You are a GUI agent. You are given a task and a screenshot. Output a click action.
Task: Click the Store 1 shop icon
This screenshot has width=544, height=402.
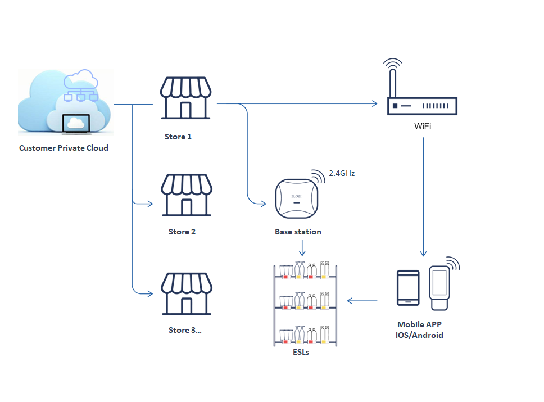[185, 98]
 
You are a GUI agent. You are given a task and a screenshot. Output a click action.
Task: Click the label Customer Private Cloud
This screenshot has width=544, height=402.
[64, 148]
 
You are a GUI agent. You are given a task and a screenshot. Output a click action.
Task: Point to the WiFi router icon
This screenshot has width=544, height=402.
[422, 105]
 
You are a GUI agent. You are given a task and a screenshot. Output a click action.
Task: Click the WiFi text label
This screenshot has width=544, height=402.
[423, 126]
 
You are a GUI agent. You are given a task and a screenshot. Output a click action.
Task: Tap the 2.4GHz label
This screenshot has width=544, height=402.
[342, 174]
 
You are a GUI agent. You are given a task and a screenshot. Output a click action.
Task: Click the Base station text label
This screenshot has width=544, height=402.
[298, 232]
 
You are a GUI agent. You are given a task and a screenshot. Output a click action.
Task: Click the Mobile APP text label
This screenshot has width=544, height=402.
[420, 324]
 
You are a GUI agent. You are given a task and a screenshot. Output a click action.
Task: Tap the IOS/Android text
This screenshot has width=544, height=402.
[420, 335]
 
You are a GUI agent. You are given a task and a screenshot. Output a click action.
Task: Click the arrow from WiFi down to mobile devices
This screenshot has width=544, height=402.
[423, 197]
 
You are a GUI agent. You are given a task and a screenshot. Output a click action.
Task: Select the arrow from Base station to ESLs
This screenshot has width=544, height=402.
[303, 247]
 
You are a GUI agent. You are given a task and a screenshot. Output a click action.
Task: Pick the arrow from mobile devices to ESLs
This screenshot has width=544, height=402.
[362, 301]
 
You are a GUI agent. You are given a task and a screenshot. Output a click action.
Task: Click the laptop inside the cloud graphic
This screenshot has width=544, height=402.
[75, 124]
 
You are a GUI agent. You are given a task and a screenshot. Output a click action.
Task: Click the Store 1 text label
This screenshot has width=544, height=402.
[178, 137]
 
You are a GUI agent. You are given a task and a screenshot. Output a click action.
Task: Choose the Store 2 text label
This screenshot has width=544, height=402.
[182, 232]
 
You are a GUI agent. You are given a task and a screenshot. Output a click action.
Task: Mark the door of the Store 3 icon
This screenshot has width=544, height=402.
[187, 306]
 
